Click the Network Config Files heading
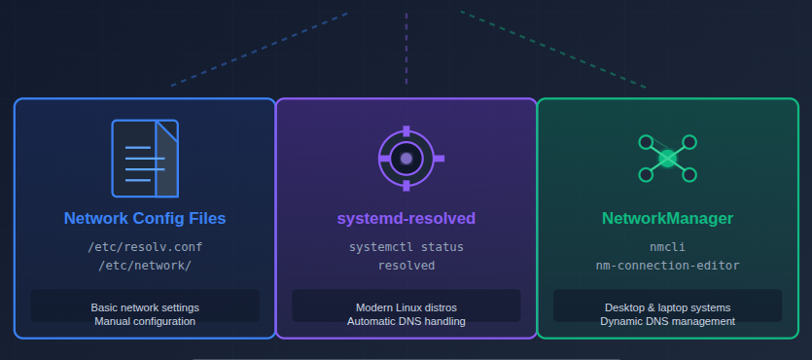click(x=145, y=218)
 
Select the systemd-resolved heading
click(x=406, y=218)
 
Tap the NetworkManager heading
click(x=667, y=218)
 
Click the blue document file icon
click(x=145, y=158)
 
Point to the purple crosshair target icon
click(x=406, y=158)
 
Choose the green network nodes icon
click(x=667, y=158)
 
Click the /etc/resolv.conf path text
click(x=145, y=247)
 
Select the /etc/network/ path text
click(x=145, y=265)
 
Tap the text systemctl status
click(x=406, y=247)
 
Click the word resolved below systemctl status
click(x=406, y=265)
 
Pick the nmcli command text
click(x=667, y=247)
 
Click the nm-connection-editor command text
click(x=667, y=265)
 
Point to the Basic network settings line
click(x=145, y=307)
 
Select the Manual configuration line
click(x=145, y=321)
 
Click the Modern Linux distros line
click(x=406, y=307)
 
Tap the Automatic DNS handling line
click(x=406, y=321)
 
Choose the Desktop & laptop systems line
click(x=667, y=307)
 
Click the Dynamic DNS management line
click(x=667, y=321)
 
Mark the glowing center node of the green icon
click(x=667, y=158)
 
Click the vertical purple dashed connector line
click(x=406, y=44)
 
